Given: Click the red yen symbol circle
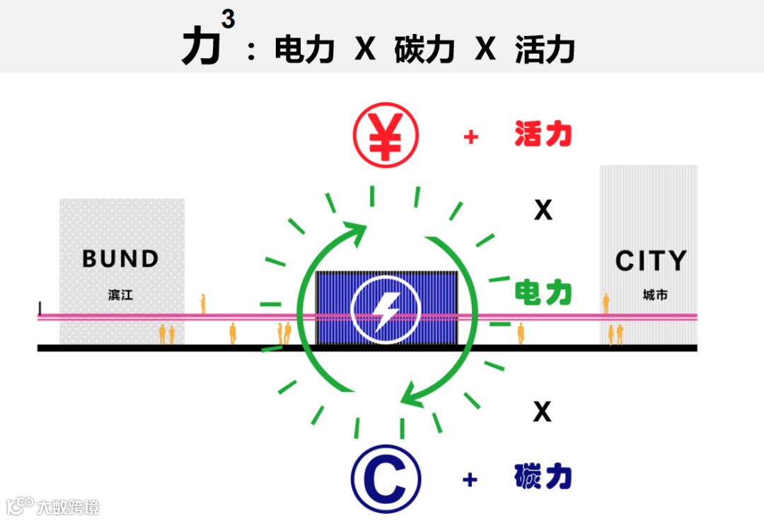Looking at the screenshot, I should click(x=386, y=136).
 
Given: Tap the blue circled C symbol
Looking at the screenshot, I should click(x=386, y=479).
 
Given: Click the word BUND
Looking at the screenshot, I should click(x=121, y=259).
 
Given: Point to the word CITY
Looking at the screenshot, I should click(x=651, y=261).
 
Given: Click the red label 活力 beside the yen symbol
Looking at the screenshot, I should click(x=543, y=135).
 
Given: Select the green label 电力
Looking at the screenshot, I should click(x=543, y=292).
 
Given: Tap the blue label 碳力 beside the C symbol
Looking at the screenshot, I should click(x=543, y=478).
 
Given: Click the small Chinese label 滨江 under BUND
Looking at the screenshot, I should click(x=121, y=294).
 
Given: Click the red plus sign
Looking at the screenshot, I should click(x=470, y=137).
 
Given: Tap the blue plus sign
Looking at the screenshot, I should click(x=470, y=479).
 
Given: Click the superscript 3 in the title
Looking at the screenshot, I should click(x=228, y=19).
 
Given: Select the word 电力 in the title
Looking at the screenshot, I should click(x=304, y=50).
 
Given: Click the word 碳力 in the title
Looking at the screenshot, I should click(x=424, y=50).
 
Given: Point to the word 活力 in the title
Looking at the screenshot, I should click(x=545, y=50).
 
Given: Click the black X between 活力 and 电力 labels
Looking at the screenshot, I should click(x=543, y=210).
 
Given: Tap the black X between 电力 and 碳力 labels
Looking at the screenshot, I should click(x=543, y=411).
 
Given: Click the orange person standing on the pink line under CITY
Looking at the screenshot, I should click(x=606, y=303).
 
